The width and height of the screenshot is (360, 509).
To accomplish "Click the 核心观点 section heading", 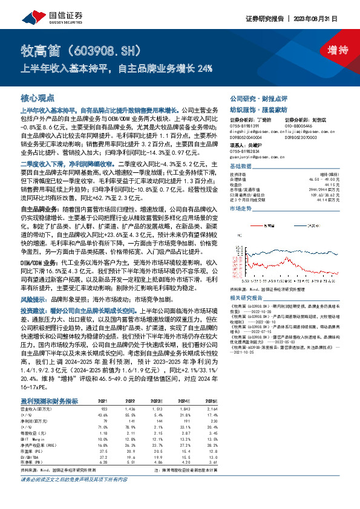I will point(38,97).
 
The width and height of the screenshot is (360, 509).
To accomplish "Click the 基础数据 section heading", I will point(241,167).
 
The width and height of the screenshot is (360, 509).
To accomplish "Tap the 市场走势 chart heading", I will point(241,208).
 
